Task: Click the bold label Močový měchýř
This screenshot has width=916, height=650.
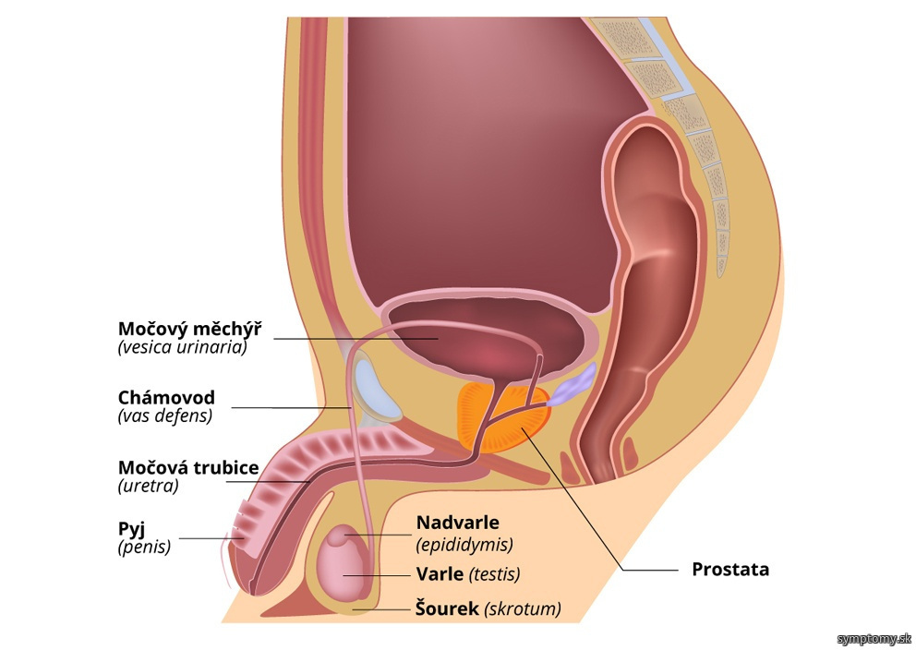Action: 190,329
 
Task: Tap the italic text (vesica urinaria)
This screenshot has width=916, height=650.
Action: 182,347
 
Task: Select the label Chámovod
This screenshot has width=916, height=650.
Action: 166,398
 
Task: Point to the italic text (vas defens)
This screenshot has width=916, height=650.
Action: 165,415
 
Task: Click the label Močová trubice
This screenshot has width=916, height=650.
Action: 188,468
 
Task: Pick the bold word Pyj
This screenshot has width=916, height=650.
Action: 131,530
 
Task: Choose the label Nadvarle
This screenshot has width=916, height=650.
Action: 458,523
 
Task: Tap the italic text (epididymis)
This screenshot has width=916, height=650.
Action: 465,545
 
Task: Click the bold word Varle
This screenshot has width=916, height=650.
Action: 440,574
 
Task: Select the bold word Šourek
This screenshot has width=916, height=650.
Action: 448,608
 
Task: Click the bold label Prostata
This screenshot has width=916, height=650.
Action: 730,570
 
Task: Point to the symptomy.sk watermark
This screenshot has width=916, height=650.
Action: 874,638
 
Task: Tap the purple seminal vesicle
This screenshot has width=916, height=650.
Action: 573,385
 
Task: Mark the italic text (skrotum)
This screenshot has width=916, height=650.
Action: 523,609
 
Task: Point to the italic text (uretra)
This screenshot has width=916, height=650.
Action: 149,486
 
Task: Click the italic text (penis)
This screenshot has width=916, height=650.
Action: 144,548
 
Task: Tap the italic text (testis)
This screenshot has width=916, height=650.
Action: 494,574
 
